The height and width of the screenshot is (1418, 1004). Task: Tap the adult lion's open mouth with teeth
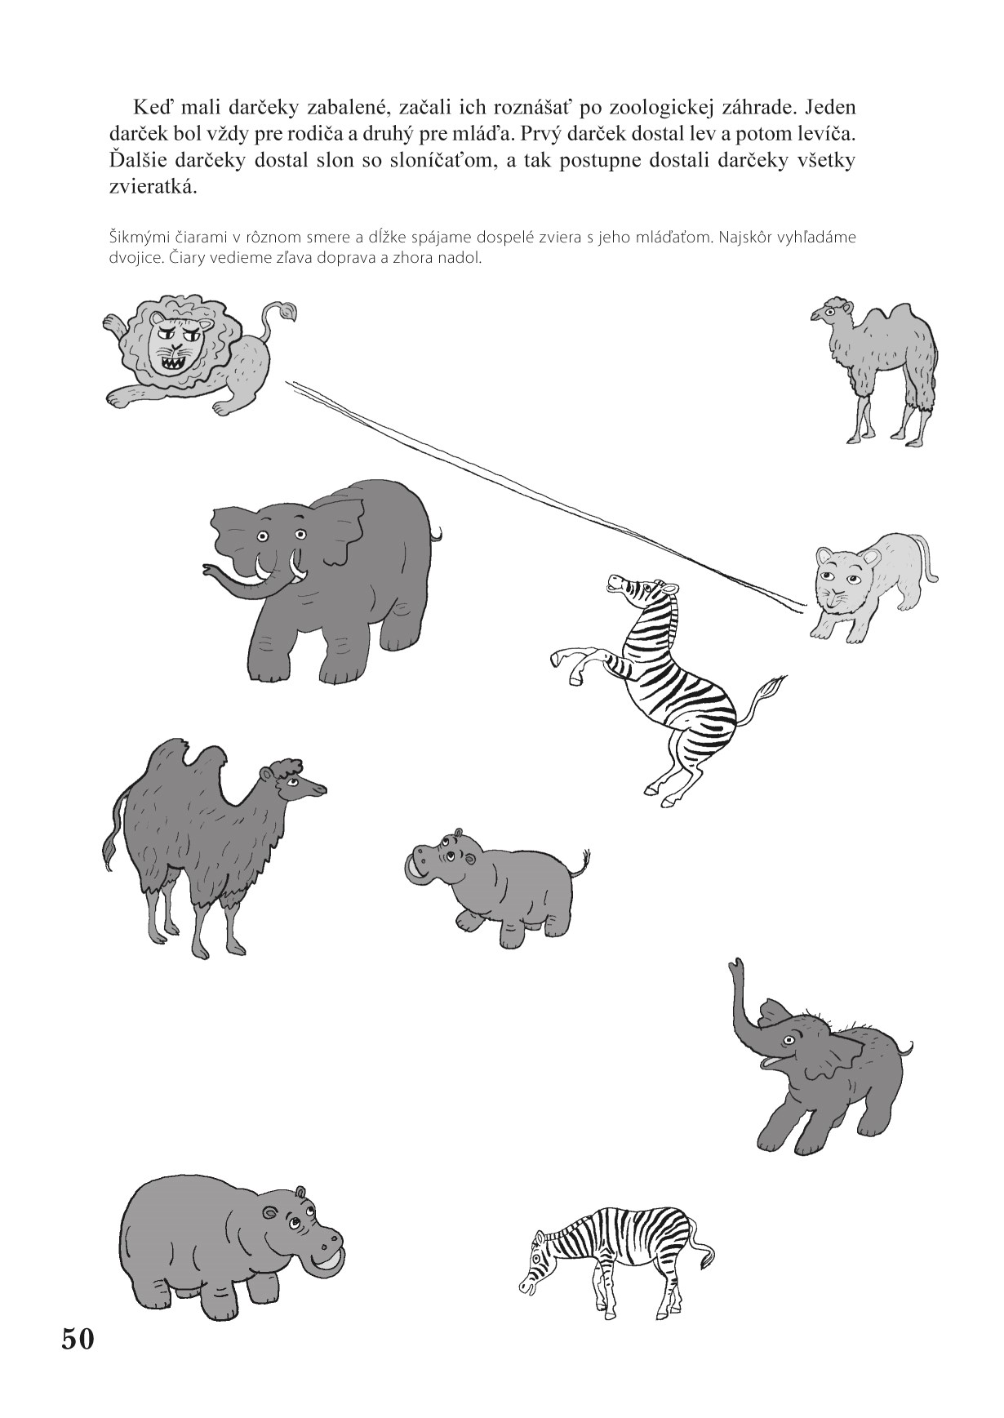[x=179, y=359]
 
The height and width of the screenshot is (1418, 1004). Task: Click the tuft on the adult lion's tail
[x=282, y=310]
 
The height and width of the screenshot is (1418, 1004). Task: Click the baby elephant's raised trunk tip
[x=738, y=966]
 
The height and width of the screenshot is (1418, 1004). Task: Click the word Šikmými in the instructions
[x=137, y=239]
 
